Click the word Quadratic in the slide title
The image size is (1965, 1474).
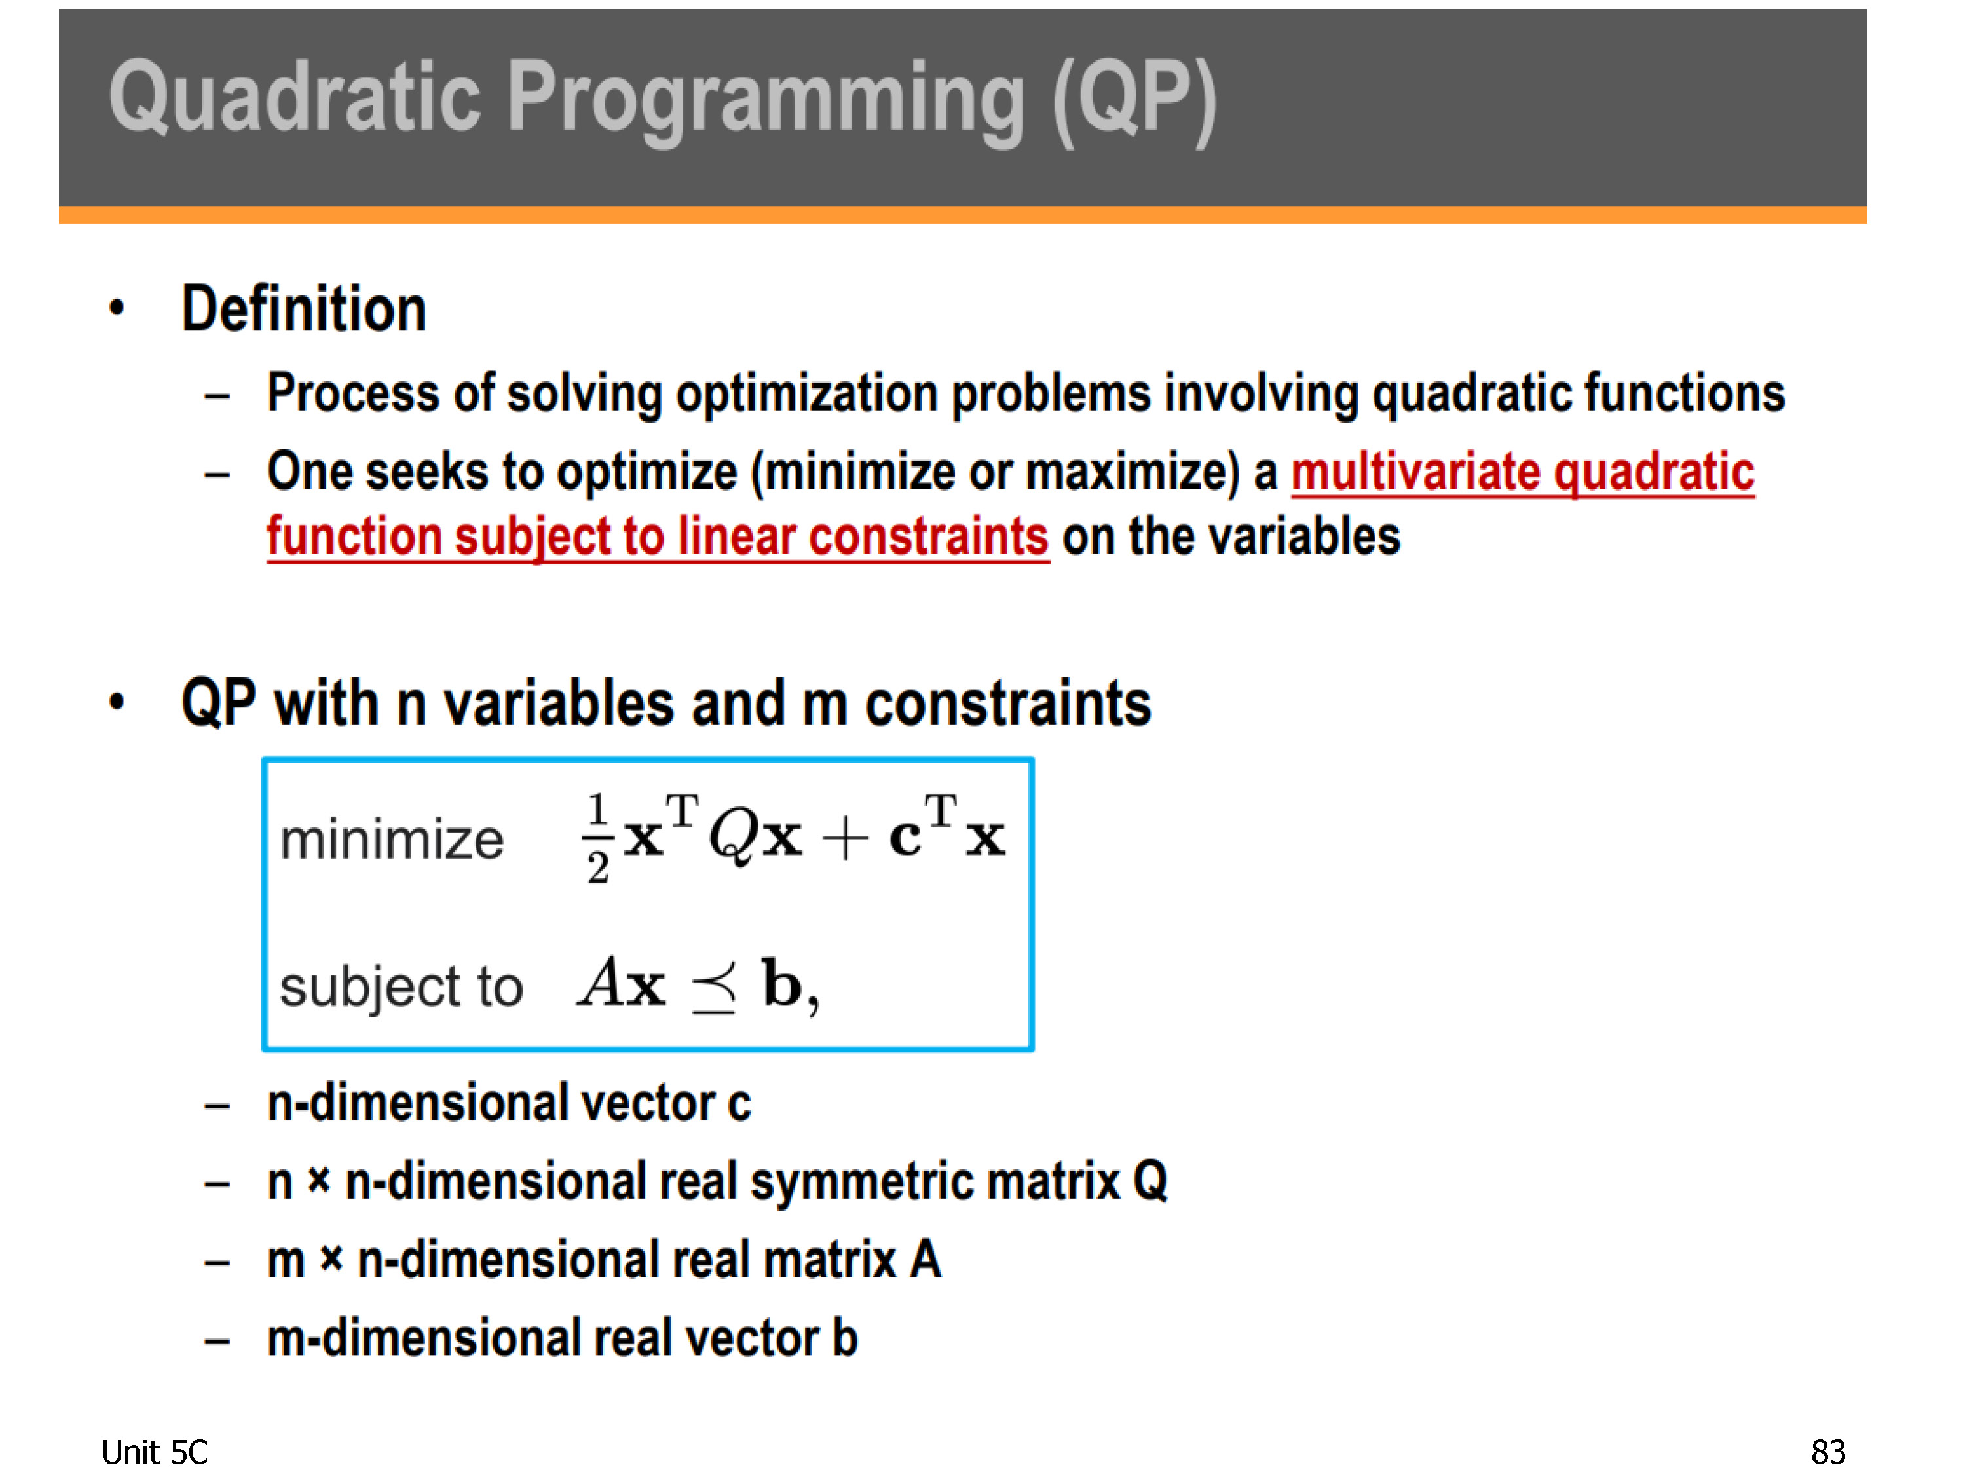(x=296, y=98)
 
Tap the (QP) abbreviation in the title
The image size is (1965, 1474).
(x=1134, y=100)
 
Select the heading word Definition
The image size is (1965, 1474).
(x=304, y=309)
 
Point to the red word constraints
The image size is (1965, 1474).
(x=928, y=536)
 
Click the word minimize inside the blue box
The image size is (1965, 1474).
(x=392, y=840)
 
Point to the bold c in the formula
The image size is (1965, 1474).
(x=905, y=838)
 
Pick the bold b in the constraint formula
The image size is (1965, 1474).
(x=781, y=983)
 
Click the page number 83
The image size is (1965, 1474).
(x=1828, y=1452)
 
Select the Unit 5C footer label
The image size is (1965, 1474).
(x=155, y=1452)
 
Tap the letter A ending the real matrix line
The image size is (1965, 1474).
(x=925, y=1259)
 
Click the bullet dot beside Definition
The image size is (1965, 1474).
(x=117, y=309)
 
